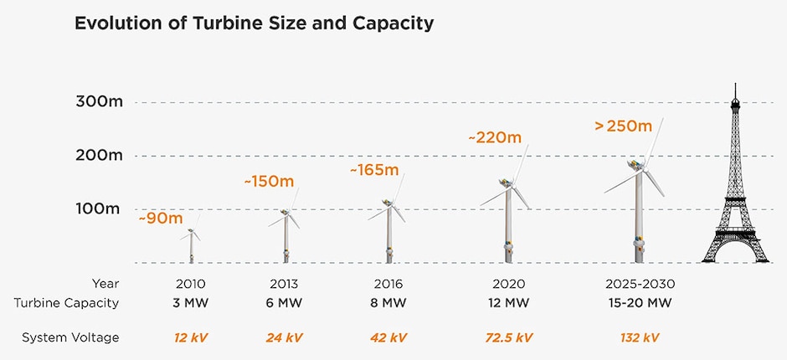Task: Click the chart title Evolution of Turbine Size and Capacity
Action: click(x=255, y=23)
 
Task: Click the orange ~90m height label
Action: click(x=161, y=219)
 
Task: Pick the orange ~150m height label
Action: click(x=269, y=182)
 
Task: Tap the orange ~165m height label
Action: click(x=374, y=170)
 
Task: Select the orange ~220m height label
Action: click(x=494, y=136)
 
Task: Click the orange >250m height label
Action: click(x=622, y=126)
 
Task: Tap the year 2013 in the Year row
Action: click(x=284, y=284)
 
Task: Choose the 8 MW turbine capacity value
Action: click(x=388, y=302)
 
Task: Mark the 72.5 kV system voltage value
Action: click(x=508, y=337)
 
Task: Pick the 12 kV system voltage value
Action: click(x=190, y=337)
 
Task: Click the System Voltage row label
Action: click(x=71, y=337)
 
